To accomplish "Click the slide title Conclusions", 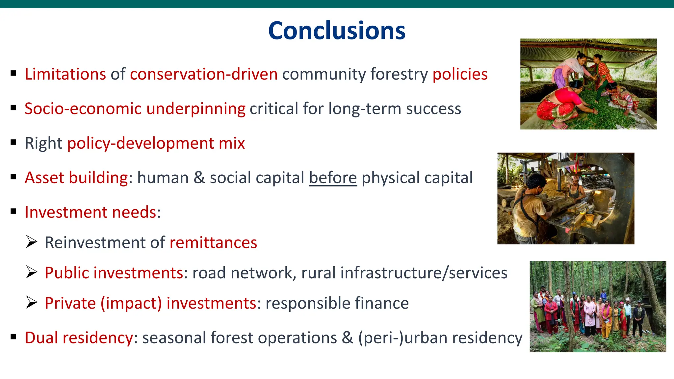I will click(x=337, y=31).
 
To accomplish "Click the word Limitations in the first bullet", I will click(x=65, y=74).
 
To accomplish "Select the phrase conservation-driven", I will click(x=204, y=74).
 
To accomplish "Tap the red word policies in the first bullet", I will click(x=460, y=74).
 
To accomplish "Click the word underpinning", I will click(x=196, y=109).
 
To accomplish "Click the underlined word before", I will click(x=333, y=178).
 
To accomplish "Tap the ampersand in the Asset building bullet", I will click(x=199, y=178).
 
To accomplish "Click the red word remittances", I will click(x=213, y=243).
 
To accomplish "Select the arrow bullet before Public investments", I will click(x=32, y=272).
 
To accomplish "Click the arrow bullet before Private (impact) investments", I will click(x=32, y=303).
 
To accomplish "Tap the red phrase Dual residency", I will click(x=79, y=338).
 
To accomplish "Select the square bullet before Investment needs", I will click(x=13, y=212).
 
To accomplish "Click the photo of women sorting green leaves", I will click(x=588, y=84).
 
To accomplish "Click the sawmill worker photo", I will click(x=565, y=198).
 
